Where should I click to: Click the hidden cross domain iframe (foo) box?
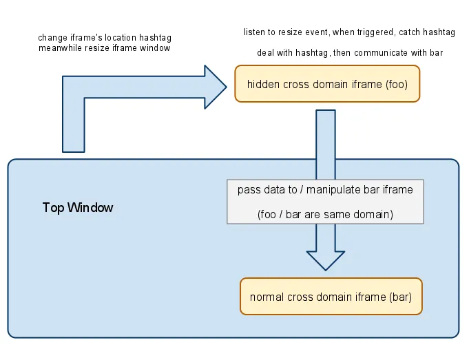click(x=326, y=84)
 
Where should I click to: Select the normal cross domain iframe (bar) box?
click(x=331, y=297)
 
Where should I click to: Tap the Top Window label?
click(x=78, y=207)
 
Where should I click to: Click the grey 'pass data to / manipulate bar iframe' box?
click(x=325, y=202)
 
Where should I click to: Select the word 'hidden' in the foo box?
click(x=262, y=85)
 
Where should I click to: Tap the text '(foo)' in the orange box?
click(x=397, y=85)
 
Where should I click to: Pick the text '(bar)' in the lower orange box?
click(x=400, y=298)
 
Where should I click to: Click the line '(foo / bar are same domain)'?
click(x=325, y=214)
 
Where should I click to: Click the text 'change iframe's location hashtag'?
click(x=104, y=37)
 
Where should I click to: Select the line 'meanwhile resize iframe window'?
click(x=105, y=47)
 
